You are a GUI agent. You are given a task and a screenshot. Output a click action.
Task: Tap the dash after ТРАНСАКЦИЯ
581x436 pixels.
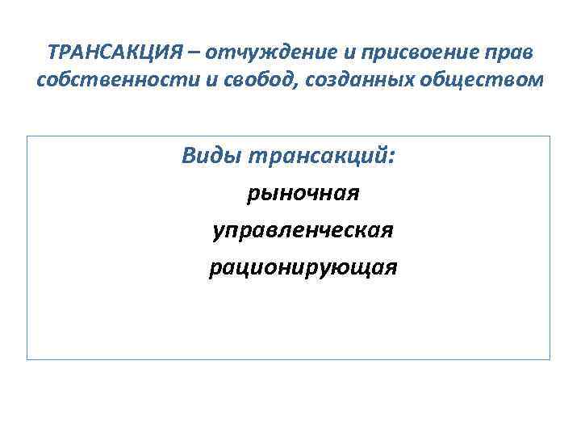[194, 53]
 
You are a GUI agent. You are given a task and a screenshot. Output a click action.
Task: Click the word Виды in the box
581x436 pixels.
[209, 155]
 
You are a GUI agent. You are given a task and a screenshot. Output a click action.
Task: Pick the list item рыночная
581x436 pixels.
[303, 194]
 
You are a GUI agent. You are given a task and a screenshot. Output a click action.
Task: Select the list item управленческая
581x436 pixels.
[303, 231]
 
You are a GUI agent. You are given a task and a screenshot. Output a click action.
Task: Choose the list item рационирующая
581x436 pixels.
[303, 268]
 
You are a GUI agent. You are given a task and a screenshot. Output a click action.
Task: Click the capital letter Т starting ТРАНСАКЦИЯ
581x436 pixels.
[52, 52]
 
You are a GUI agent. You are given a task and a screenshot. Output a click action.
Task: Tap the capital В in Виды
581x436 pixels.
[189, 155]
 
